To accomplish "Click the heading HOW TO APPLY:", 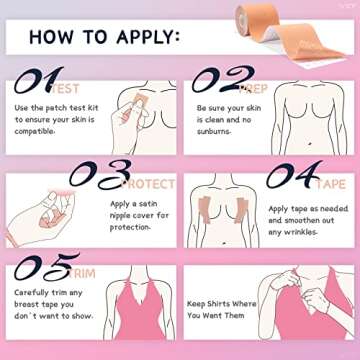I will [x=104, y=38].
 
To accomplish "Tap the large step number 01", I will [x=38, y=80].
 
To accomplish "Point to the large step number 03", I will [x=97, y=174].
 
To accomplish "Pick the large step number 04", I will [x=292, y=174].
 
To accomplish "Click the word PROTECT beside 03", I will [x=147, y=184].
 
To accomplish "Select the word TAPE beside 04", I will [x=331, y=184].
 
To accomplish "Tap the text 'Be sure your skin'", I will [x=229, y=107].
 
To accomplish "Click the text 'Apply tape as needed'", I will [x=308, y=209].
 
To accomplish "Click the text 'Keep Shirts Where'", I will [x=221, y=303].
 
